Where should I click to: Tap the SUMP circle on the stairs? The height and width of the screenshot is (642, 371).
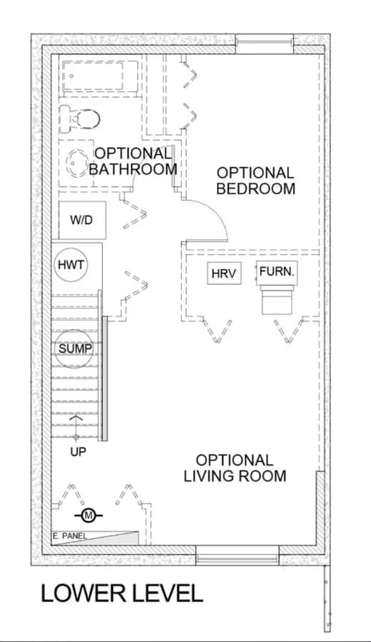click(74, 350)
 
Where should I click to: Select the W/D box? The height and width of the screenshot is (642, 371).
click(82, 220)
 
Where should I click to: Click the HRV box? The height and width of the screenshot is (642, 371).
click(223, 273)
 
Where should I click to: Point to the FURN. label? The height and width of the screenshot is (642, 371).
click(277, 271)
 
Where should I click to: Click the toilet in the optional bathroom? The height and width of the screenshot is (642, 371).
click(79, 119)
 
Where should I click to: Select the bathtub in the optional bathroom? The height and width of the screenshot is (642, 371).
click(98, 76)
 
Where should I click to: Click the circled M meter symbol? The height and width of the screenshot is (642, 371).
click(88, 515)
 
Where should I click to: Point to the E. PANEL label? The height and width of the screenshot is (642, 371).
click(70, 536)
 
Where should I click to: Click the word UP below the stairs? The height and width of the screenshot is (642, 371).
click(78, 452)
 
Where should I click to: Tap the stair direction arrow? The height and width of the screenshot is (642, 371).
click(76, 427)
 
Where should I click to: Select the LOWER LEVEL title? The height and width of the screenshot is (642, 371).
click(121, 593)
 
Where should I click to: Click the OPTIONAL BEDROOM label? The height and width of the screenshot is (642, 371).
click(255, 180)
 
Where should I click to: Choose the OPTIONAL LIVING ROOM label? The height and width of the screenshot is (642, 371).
click(235, 468)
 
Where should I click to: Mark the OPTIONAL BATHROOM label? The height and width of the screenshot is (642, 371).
click(133, 161)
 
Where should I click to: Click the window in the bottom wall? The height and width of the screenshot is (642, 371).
click(238, 555)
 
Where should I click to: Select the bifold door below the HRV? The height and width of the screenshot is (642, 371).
click(218, 331)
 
